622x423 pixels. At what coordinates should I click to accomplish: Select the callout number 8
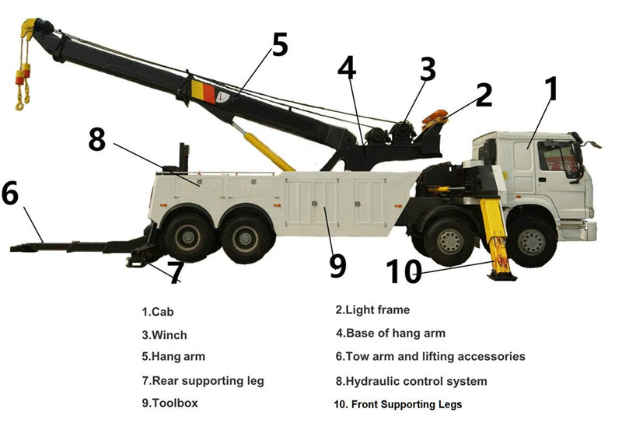96,139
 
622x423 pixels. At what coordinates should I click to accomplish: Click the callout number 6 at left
10,194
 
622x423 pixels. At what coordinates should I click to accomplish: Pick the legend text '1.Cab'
157,312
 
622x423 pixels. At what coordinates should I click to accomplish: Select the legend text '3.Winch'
164,335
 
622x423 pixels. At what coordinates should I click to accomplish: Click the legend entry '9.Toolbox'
169,404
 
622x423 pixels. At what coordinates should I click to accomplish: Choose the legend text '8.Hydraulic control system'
411,381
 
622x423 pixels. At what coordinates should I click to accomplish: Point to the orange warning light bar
435,119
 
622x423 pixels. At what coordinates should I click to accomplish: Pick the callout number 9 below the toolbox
337,265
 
